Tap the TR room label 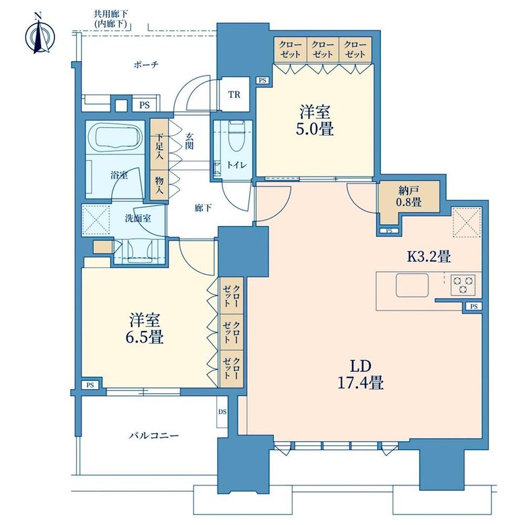tap(235, 95)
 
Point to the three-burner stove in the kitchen tap(463, 285)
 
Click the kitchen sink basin tap(412, 285)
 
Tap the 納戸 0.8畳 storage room tap(409, 197)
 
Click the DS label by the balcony tap(223, 411)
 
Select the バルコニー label tap(154, 436)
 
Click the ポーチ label tap(146, 64)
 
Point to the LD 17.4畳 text tap(361, 375)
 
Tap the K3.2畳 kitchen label tap(429, 257)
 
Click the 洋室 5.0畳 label tap(314, 120)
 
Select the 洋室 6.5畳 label tap(144, 329)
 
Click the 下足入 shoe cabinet tap(159, 144)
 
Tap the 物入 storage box tap(159, 185)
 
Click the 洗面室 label tap(138, 219)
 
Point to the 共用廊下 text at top tap(111, 14)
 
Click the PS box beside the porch tap(144, 105)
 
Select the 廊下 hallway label tap(203, 208)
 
